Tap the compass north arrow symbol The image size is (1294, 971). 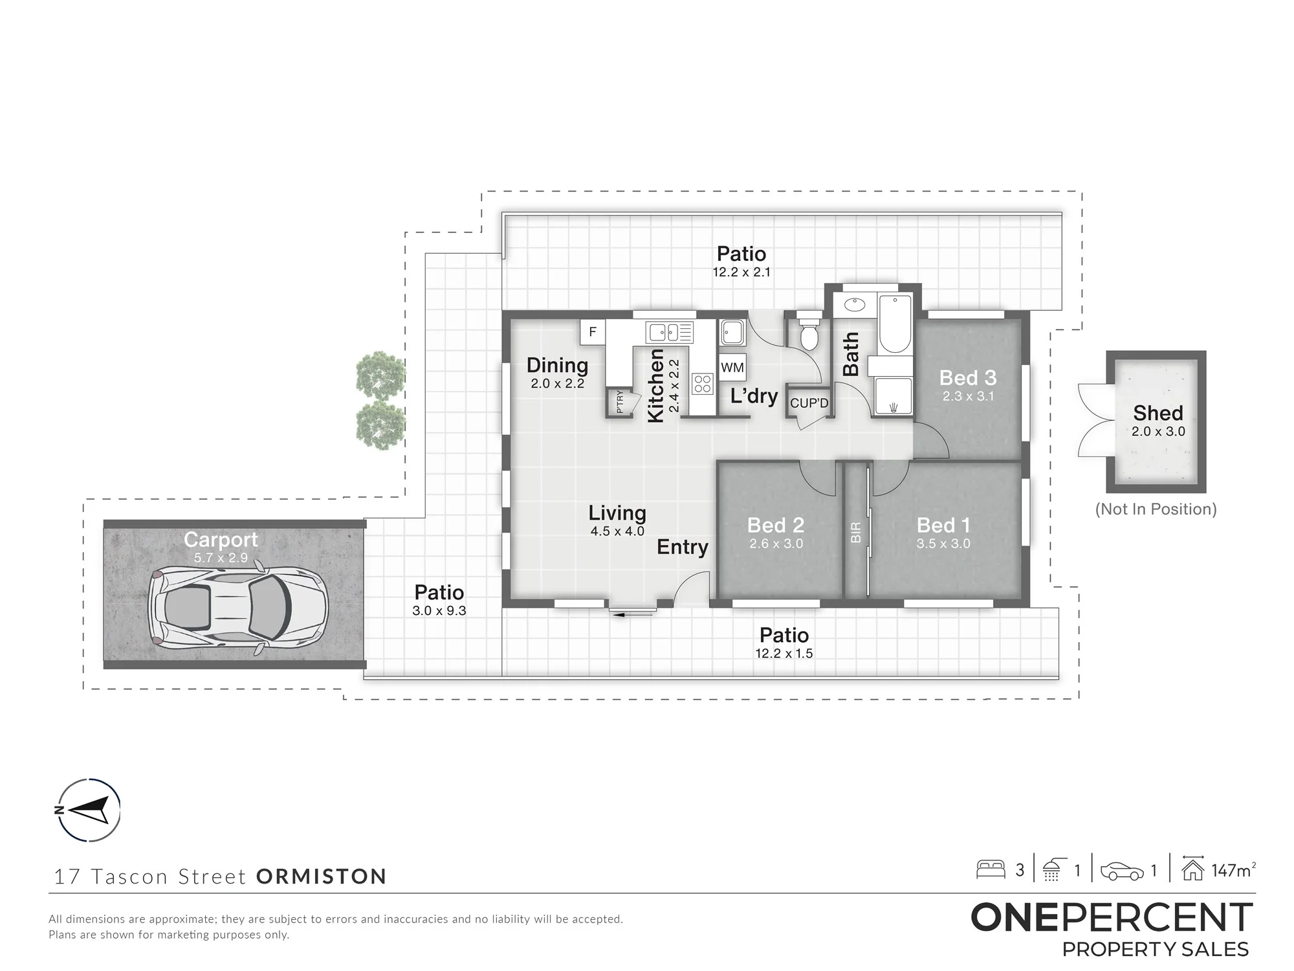[x=89, y=810]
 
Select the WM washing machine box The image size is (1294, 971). [x=732, y=367]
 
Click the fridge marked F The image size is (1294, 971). [x=592, y=332]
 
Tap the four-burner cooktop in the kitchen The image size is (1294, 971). [x=703, y=384]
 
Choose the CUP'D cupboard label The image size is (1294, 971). [x=809, y=403]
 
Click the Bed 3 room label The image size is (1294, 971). [x=968, y=377]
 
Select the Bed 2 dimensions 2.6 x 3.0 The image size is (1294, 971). [x=776, y=544]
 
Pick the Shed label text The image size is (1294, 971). [x=1158, y=413]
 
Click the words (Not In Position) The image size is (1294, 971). [x=1156, y=509]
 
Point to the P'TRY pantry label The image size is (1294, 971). [x=620, y=402]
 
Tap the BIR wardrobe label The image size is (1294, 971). [x=856, y=532]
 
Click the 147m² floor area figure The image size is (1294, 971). [x=1233, y=870]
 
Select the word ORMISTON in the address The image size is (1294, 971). [x=322, y=876]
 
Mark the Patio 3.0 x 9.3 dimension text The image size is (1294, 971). [x=439, y=610]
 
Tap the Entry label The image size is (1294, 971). [x=683, y=548]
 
